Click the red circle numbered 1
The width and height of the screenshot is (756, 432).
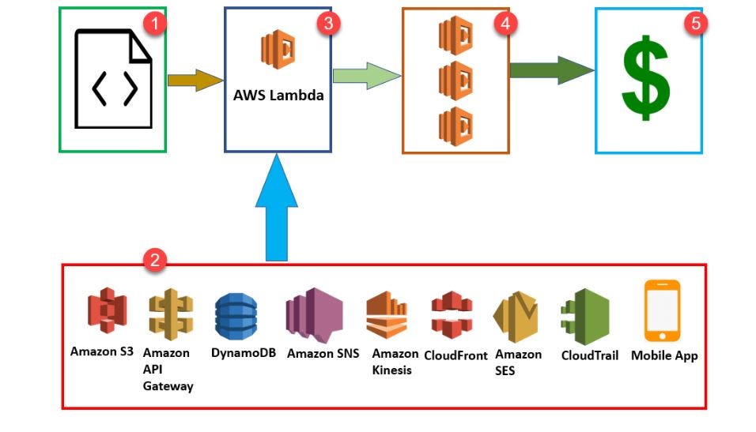pos(155,24)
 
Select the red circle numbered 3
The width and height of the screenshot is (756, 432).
pos(327,24)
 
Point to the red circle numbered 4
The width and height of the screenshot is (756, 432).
pos(505,24)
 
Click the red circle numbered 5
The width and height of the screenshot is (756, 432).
pos(695,23)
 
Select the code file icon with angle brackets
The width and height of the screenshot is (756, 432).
pos(113,79)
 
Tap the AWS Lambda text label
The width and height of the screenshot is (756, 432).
pos(278,95)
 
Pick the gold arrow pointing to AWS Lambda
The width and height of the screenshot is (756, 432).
pos(195,81)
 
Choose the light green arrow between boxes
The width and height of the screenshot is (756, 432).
pos(366,76)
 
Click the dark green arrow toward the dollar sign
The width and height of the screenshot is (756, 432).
pos(551,69)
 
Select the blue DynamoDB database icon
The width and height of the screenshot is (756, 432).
pos(236,317)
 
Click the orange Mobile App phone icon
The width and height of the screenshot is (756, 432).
pos(662,310)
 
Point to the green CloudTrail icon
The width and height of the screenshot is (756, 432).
pos(585,316)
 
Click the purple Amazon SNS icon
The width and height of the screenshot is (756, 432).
pos(314,314)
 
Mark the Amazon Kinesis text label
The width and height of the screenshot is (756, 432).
pos(394,362)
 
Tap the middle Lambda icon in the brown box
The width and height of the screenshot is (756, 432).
pos(455,80)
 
